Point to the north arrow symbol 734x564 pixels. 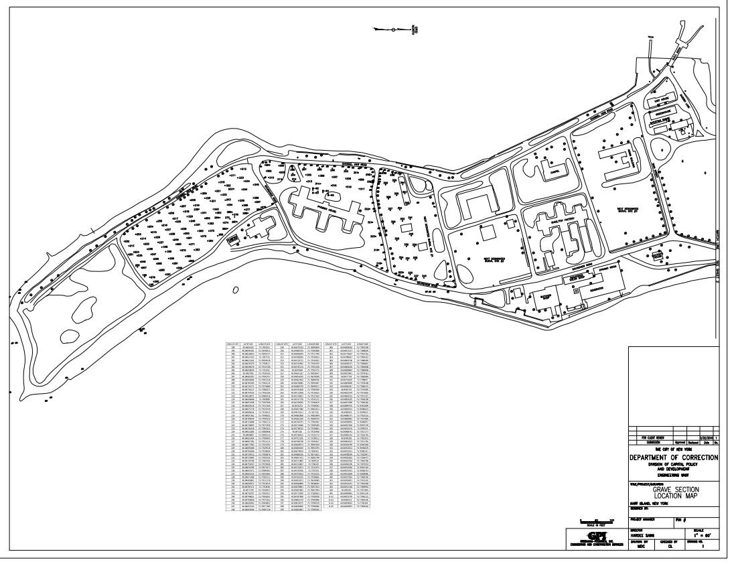click(395, 29)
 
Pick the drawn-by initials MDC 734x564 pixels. click(641, 546)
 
